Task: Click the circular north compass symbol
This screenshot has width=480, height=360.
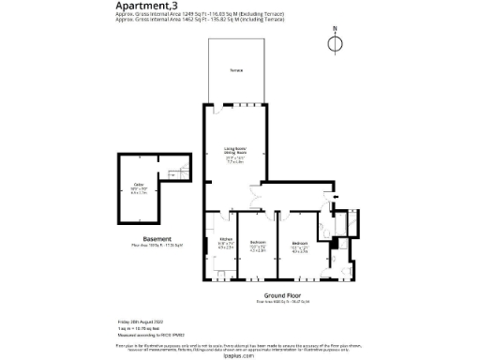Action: [338, 42]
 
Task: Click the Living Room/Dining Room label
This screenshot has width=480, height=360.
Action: [234, 153]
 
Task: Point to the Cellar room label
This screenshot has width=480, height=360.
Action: [138, 187]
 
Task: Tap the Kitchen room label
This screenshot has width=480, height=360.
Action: [225, 244]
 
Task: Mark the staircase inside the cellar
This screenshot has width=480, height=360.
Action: [174, 172]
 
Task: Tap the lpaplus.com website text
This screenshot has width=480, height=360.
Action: [240, 355]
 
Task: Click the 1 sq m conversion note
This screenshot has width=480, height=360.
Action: [132, 327]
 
